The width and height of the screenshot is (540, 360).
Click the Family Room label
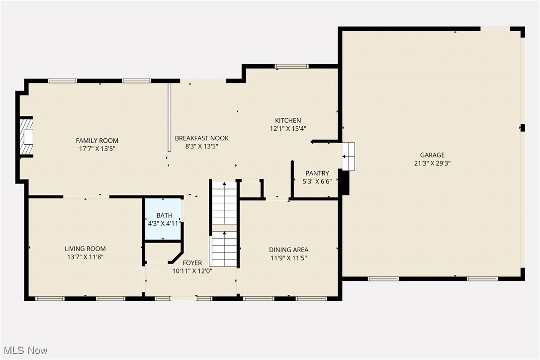(x=97, y=141)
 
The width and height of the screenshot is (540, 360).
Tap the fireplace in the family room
(x=26, y=137)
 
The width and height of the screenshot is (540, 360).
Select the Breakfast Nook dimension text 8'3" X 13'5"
(x=201, y=146)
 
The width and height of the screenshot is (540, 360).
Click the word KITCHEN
(x=288, y=120)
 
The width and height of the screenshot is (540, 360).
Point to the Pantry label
(x=317, y=174)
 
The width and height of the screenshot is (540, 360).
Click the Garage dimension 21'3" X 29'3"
(x=432, y=163)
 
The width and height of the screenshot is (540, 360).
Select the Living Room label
(x=85, y=249)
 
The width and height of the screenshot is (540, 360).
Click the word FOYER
(x=192, y=263)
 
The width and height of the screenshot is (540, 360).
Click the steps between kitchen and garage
(x=349, y=156)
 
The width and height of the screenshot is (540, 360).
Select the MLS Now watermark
(x=24, y=351)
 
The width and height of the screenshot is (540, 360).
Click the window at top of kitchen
(x=292, y=66)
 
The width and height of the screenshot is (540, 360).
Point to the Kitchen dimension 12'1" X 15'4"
(x=288, y=128)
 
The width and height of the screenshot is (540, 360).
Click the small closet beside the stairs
(x=251, y=189)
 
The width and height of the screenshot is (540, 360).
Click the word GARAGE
(x=432, y=155)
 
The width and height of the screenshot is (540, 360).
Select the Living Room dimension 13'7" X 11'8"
(x=85, y=257)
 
